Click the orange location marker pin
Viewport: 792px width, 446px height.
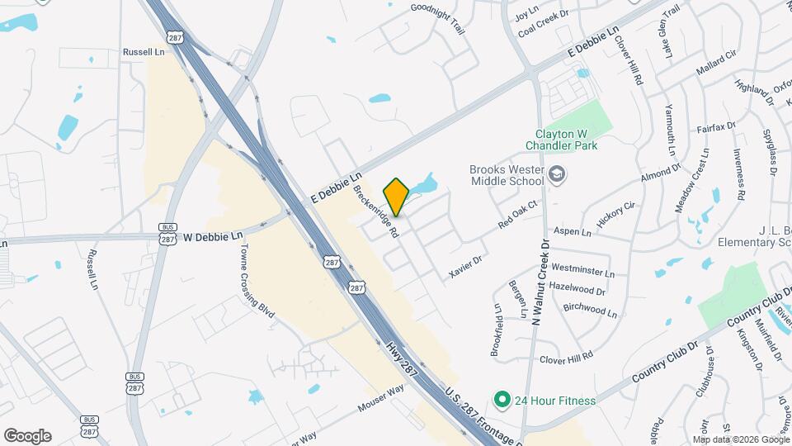click(397, 197)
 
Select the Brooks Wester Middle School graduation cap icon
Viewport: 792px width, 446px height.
click(558, 174)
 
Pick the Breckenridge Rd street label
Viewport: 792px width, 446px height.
click(376, 211)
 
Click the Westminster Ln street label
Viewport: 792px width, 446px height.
click(582, 271)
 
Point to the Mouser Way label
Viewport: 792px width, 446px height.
click(381, 398)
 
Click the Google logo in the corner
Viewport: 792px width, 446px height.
click(26, 435)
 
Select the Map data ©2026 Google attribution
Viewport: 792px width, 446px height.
click(740, 439)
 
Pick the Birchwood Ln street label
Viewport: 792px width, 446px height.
click(590, 310)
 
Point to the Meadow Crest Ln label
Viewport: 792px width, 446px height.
click(691, 181)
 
